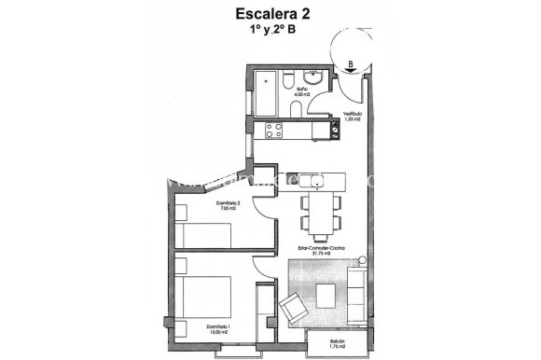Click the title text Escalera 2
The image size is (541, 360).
tap(270, 13)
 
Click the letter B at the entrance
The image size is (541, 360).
tap(350, 65)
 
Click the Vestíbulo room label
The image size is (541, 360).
tap(352, 117)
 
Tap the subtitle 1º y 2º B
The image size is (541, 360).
tap(270, 30)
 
